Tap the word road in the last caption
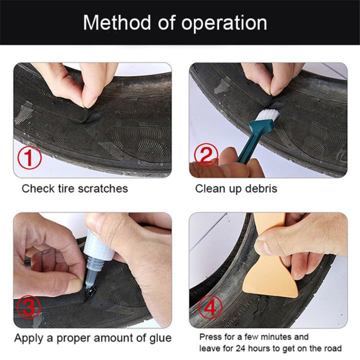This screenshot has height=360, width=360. click(332, 348)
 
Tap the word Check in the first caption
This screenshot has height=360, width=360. click(37, 188)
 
